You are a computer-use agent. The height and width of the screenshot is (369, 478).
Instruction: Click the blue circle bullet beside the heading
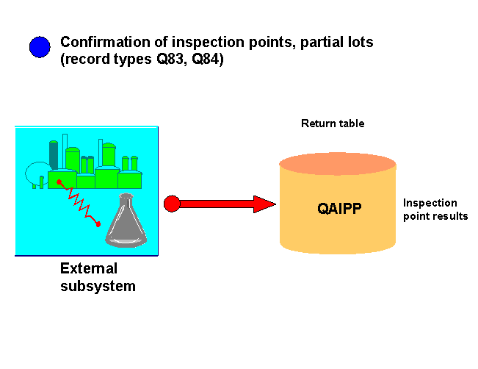(40, 47)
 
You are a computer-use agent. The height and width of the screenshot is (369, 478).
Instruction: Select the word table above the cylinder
(350, 123)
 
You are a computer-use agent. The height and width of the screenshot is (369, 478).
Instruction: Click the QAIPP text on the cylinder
(339, 208)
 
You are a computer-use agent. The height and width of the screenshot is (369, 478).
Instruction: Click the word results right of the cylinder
(449, 216)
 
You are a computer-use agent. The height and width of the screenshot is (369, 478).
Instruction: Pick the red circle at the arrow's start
(171, 204)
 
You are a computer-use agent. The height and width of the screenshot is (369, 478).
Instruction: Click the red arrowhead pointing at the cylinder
(264, 204)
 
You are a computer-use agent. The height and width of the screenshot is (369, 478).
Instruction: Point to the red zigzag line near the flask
(78, 200)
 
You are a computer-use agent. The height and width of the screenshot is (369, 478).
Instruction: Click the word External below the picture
(88, 268)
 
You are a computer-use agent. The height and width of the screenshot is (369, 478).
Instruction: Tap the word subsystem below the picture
(98, 286)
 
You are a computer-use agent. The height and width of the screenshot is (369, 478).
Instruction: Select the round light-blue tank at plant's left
(36, 173)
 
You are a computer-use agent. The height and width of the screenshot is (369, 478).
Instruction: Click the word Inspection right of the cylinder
(430, 203)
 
